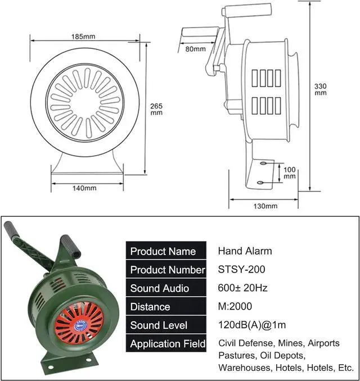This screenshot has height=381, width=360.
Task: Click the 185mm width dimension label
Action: [83, 37]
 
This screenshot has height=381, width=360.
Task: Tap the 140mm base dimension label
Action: [84, 188]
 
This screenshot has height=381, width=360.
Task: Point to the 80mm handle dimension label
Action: [195, 49]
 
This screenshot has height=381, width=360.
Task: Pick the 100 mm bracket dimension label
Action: [289, 173]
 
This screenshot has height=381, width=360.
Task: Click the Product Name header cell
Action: [163, 251]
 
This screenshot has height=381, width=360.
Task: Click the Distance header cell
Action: [150, 307]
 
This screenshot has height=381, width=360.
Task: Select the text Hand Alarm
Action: [245, 251]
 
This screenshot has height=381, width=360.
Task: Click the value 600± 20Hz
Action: [243, 288]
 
